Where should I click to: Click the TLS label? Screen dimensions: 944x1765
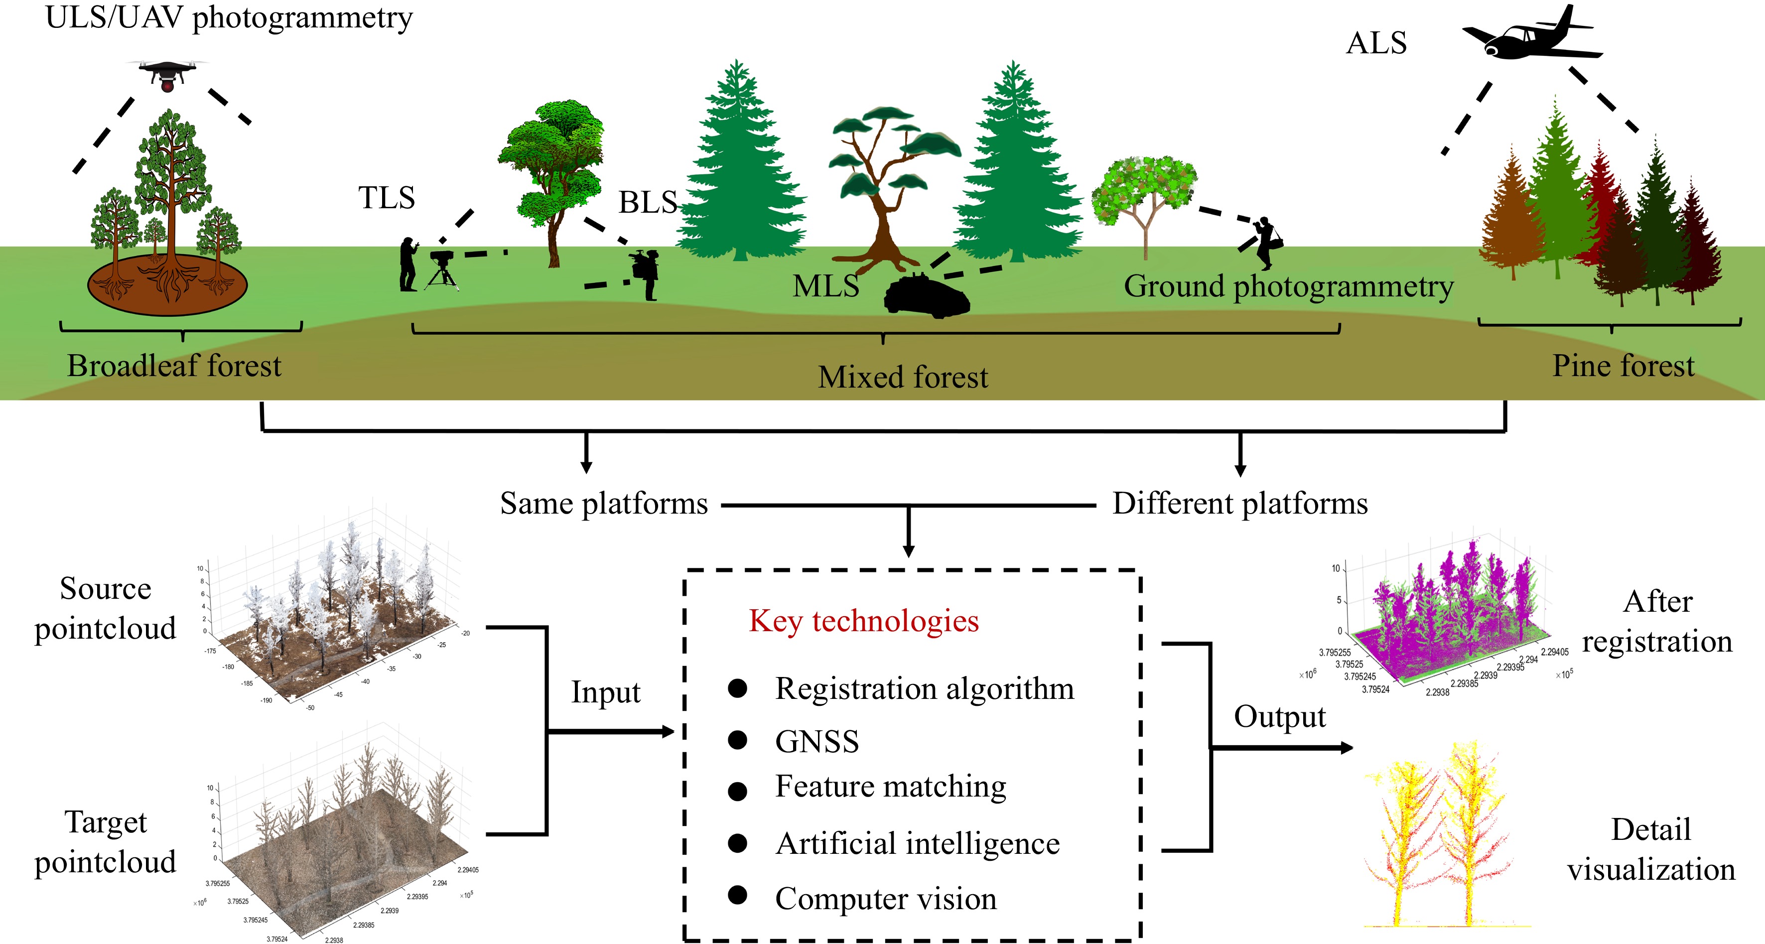(x=387, y=198)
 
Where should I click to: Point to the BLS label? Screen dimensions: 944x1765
(x=648, y=202)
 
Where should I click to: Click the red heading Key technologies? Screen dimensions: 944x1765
(x=863, y=621)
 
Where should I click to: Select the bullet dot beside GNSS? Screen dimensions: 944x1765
(x=737, y=740)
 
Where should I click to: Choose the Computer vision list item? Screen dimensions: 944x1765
(x=885, y=898)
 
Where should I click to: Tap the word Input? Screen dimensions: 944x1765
(x=606, y=692)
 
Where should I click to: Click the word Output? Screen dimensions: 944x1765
(x=1279, y=716)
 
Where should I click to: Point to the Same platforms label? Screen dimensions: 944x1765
(x=604, y=504)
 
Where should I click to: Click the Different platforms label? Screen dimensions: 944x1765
(x=1239, y=504)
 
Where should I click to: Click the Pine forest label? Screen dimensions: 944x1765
(x=1623, y=366)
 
